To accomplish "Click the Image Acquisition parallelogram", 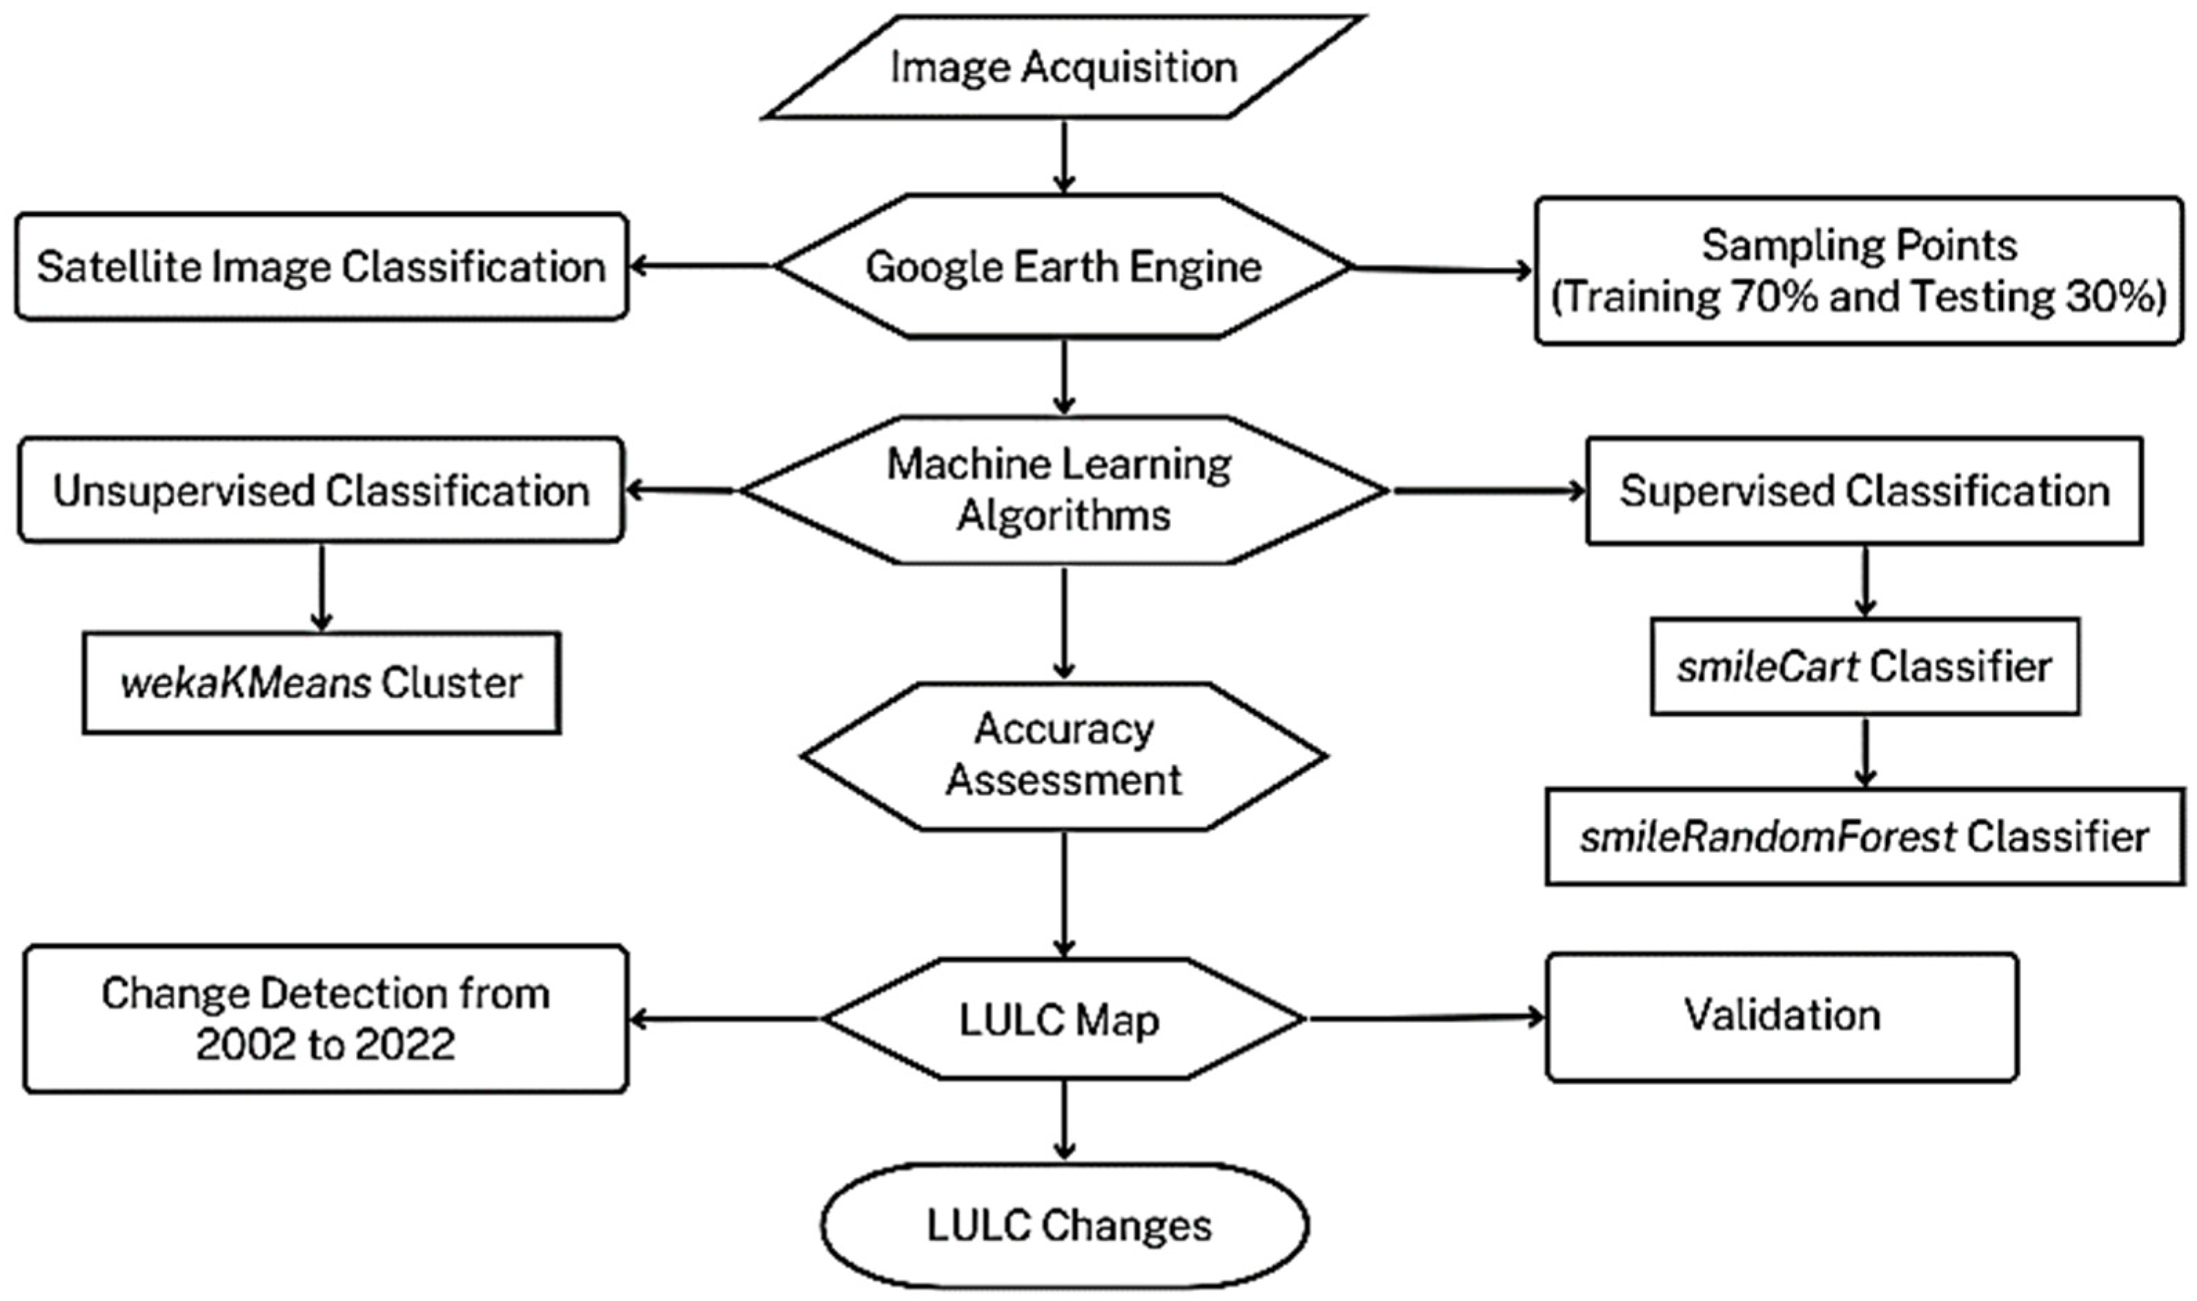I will [x=1063, y=68].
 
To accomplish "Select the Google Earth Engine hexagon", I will [x=1063, y=266].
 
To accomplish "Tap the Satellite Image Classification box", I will [x=322, y=266].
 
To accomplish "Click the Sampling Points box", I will [x=1859, y=271].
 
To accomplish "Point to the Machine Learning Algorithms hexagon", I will [x=1063, y=490].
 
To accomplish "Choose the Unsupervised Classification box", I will [x=322, y=490].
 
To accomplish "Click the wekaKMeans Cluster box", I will [x=322, y=683].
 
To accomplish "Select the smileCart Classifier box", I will [x=1864, y=667].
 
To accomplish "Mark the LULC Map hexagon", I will [x=1063, y=1019].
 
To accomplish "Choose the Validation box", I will [x=1782, y=1017].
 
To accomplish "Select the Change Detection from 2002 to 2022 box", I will [x=325, y=1019].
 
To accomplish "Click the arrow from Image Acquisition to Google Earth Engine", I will [x=1063, y=156].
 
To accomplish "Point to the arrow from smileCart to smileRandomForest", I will [x=1864, y=751].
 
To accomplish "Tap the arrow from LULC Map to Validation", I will [x=1425, y=1018].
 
